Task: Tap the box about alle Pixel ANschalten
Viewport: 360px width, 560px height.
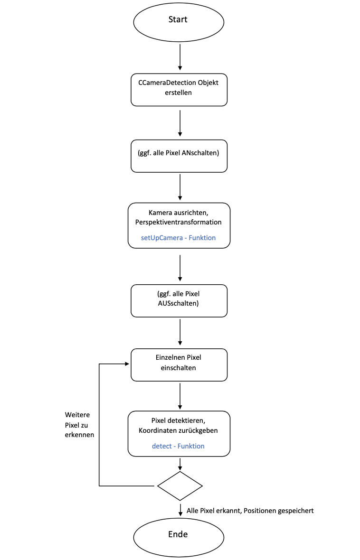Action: coord(179,155)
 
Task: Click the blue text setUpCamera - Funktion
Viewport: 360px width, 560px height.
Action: coord(178,237)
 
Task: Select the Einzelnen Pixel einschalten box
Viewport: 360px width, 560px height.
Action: coord(179,365)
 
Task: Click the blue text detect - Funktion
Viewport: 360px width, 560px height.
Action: coord(178,446)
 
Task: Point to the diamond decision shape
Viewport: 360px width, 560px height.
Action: coord(180,485)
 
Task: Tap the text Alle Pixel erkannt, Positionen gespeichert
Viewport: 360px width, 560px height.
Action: coord(250,511)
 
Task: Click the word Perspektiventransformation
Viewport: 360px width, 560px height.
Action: coord(179,222)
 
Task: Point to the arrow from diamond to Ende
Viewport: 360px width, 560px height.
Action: coord(180,509)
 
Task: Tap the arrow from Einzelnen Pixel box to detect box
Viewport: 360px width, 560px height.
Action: coord(180,396)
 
